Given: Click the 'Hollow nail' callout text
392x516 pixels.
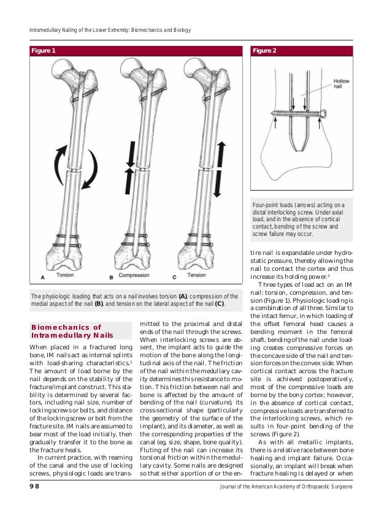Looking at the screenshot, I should click(x=341, y=85).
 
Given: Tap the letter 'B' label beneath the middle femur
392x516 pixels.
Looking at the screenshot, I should click(x=111, y=278).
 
